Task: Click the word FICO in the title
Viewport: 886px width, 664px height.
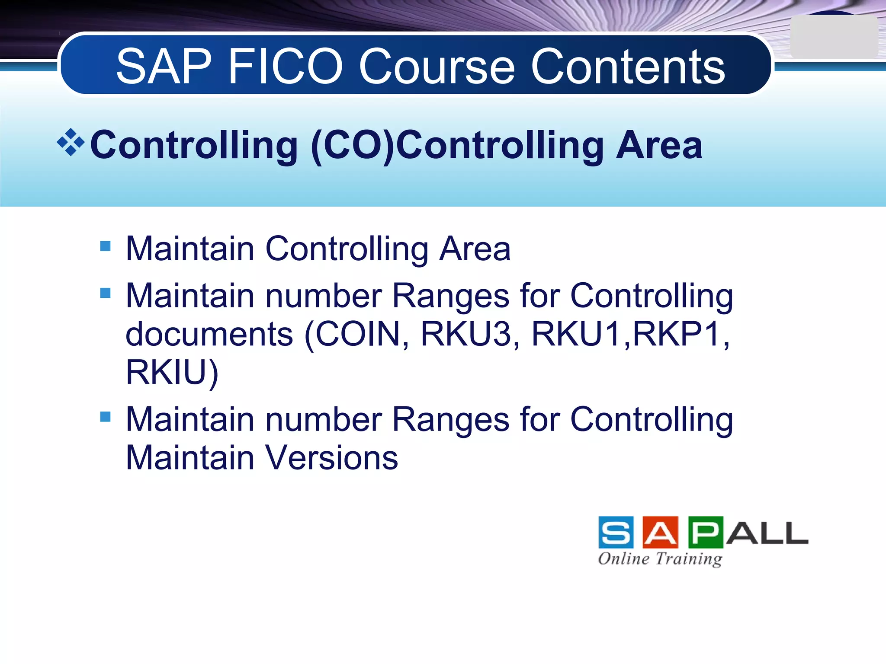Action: [286, 67]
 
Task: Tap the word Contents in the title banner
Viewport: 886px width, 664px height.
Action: [628, 67]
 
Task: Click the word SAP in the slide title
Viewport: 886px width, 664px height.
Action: [164, 67]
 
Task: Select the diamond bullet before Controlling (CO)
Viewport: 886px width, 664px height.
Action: [71, 142]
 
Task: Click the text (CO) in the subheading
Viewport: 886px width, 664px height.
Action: [353, 146]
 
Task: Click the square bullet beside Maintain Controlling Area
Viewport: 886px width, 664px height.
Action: [105, 246]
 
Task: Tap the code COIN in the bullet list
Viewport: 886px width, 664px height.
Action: [357, 334]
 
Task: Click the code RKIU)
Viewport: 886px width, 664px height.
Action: [172, 372]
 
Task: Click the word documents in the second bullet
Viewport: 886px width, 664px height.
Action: [209, 334]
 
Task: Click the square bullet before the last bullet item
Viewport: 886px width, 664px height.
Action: [105, 417]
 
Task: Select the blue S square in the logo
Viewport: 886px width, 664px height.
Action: [616, 533]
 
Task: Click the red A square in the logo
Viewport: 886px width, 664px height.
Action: [660, 533]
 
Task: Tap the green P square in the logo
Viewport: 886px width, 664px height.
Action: [705, 533]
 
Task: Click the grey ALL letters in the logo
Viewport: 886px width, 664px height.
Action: [767, 533]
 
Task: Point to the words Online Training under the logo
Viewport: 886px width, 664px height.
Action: [660, 559]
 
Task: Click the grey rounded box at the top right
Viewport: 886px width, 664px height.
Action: [833, 37]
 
